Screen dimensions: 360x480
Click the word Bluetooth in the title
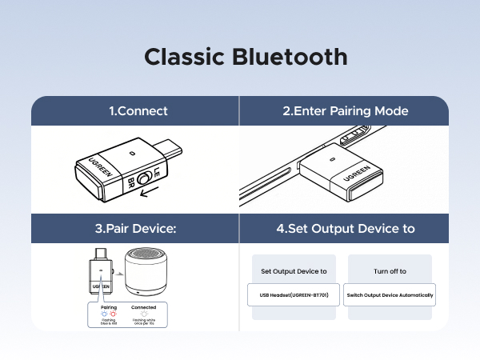(291, 58)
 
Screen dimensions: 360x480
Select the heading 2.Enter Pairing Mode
(346, 111)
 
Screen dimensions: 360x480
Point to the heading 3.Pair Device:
(135, 228)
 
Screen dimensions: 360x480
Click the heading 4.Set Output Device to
(346, 228)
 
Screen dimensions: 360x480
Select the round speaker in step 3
(145, 274)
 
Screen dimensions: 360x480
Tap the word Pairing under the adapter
(109, 307)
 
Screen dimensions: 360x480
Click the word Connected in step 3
(143, 307)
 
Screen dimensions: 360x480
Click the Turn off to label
(390, 271)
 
